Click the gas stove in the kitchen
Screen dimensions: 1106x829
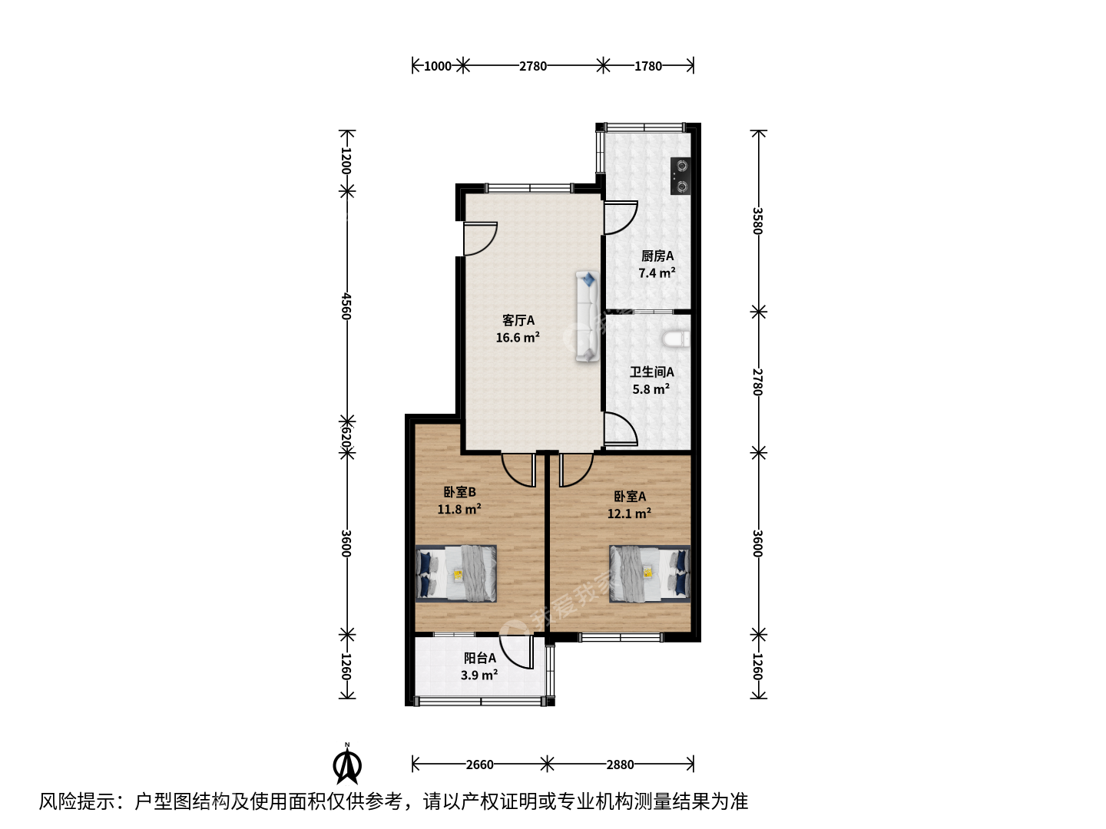pyautogui.click(x=680, y=176)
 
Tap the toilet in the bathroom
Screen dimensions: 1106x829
pyautogui.click(x=676, y=339)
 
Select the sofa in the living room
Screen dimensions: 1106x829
pyautogui.click(x=588, y=316)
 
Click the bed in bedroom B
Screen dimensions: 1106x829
pyautogui.click(x=456, y=574)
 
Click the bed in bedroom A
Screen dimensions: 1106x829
pyautogui.click(x=650, y=574)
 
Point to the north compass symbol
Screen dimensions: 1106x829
pyautogui.click(x=347, y=764)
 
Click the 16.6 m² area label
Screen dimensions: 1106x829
pyautogui.click(x=518, y=337)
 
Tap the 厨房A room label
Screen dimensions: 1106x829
pyautogui.click(x=657, y=256)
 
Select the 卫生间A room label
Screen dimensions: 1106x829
pyautogui.click(x=651, y=372)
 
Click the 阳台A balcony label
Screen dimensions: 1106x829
pyautogui.click(x=480, y=658)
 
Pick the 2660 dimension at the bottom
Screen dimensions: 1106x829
pyautogui.click(x=479, y=765)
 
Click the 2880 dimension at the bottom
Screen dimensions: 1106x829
pyautogui.click(x=620, y=765)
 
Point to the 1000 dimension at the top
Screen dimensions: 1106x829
pyautogui.click(x=437, y=66)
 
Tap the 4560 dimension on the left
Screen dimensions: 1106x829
pyautogui.click(x=346, y=306)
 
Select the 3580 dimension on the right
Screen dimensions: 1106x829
pyautogui.click(x=758, y=221)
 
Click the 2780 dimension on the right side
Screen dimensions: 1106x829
pyautogui.click(x=758, y=382)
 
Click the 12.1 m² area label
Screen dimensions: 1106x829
pyautogui.click(x=629, y=514)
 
